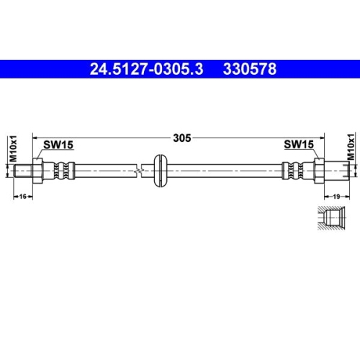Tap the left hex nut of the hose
tap(42, 171)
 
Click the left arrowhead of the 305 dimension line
tap(40, 137)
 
